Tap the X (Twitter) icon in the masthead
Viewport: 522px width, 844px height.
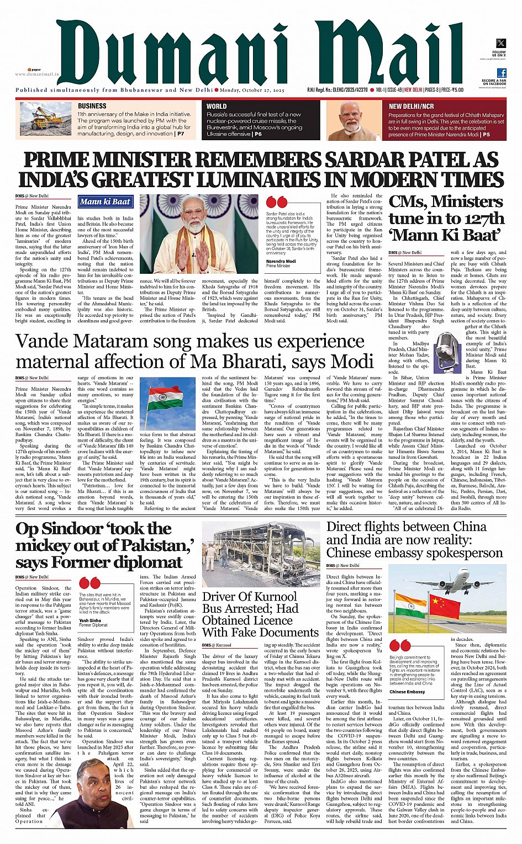pos(500,43)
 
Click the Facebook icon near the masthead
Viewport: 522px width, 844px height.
pos(502,73)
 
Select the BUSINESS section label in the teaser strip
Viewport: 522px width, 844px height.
pos(92,106)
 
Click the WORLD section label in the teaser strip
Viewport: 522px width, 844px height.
pos(217,107)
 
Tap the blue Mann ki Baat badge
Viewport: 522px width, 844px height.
pos(105,202)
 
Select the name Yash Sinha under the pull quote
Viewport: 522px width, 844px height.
pos(91,620)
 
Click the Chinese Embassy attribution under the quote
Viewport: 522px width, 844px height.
pos(407,692)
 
